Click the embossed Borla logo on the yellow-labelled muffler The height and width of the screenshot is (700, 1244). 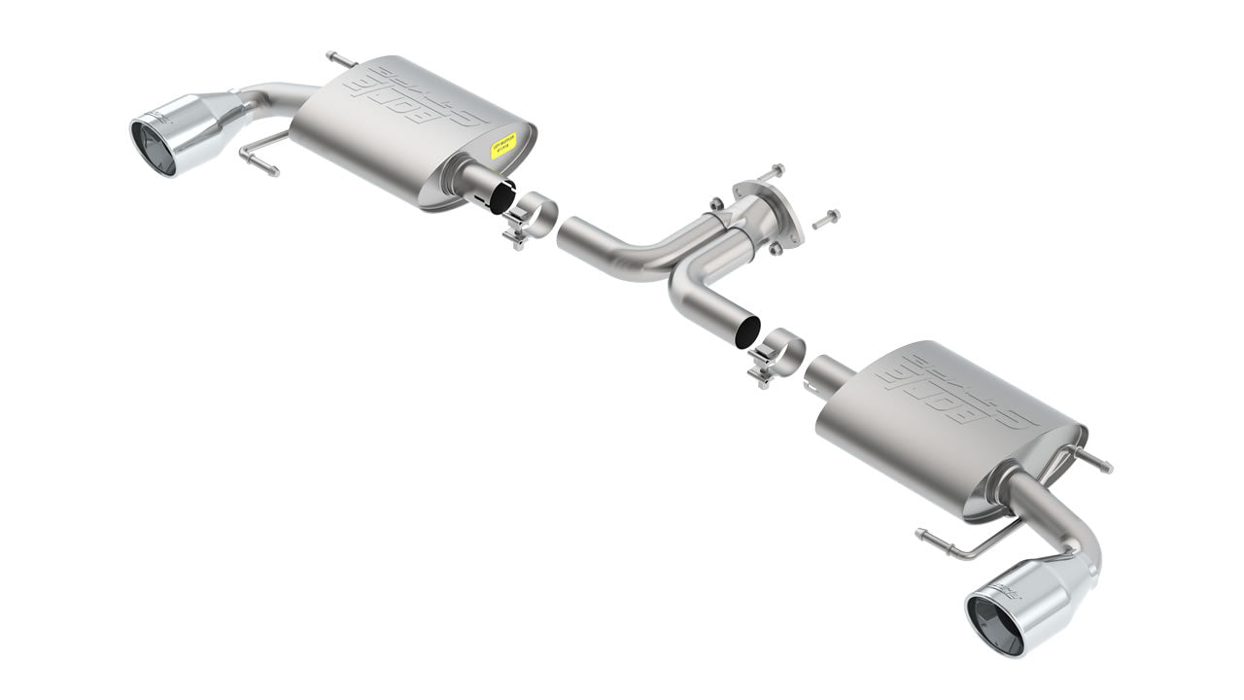(428, 98)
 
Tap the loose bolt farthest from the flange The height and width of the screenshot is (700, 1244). (822, 218)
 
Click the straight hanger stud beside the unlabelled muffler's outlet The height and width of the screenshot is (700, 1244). (1097, 460)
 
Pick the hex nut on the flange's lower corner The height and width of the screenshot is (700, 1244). (776, 249)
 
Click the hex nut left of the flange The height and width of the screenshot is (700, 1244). (716, 203)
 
